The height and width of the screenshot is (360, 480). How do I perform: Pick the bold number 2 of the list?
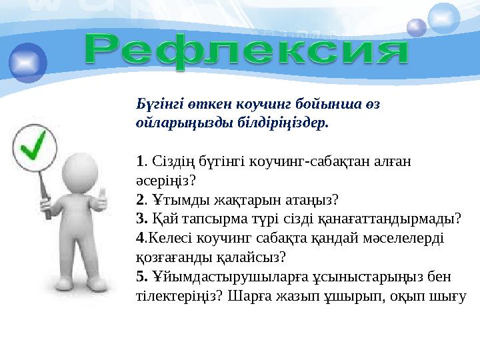coord(139,199)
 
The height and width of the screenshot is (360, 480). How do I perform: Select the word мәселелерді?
coord(397,237)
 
